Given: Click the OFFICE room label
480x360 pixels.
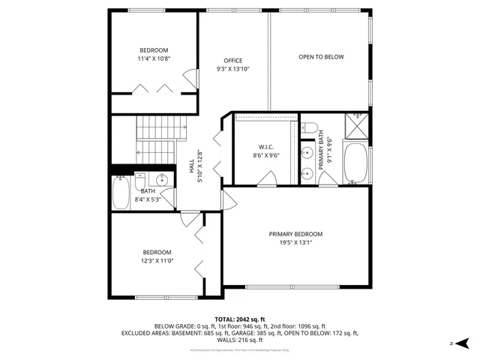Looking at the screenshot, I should (233, 61).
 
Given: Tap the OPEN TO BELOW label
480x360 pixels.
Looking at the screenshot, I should (321, 57).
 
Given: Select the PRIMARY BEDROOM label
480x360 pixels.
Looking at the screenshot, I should (295, 234).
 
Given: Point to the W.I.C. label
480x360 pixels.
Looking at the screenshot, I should (265, 147).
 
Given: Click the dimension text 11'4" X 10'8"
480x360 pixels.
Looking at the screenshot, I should (154, 58).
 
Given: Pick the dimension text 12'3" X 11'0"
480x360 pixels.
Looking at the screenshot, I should (157, 260).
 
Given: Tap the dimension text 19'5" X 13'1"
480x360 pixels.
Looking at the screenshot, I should (295, 242).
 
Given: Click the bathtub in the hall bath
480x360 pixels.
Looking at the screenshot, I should (120, 192).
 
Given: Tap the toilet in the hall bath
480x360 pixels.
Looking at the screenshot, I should (140, 181).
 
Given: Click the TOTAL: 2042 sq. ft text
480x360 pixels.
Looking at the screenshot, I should (240, 319).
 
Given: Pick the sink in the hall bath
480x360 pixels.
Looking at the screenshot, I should (161, 180).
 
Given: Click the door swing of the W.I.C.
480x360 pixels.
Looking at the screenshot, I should (265, 178).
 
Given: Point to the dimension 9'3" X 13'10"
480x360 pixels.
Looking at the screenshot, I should (233, 69).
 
